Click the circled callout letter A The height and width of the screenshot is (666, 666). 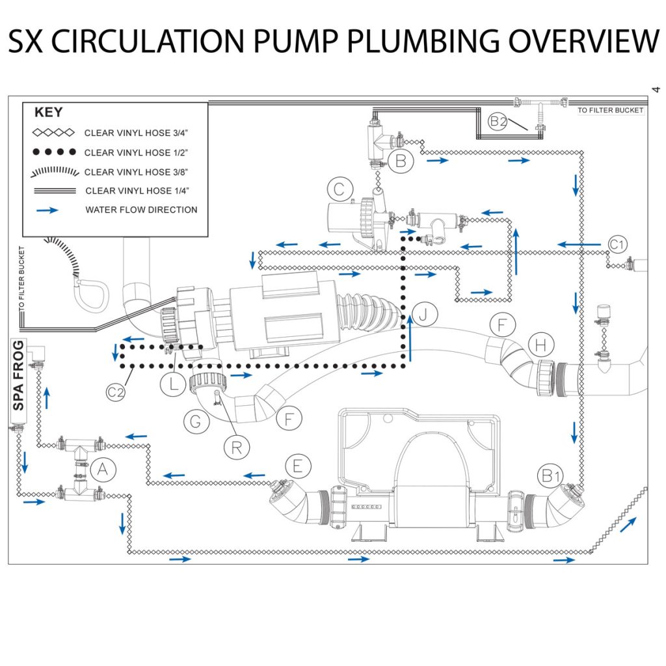click(102, 470)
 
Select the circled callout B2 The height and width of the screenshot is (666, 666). click(498, 121)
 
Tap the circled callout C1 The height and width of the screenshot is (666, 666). click(618, 245)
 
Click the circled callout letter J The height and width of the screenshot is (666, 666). click(424, 315)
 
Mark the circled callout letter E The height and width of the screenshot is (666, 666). click(298, 466)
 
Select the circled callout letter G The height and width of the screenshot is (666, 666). click(195, 422)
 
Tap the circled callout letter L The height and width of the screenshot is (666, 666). click(173, 384)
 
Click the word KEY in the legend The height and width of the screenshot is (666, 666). click(48, 112)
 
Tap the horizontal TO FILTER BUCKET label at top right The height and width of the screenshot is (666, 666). click(610, 111)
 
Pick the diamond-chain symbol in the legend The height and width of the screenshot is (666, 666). click(54, 133)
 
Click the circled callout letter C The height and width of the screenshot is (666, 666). click(339, 190)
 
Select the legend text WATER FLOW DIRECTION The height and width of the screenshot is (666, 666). click(141, 210)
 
